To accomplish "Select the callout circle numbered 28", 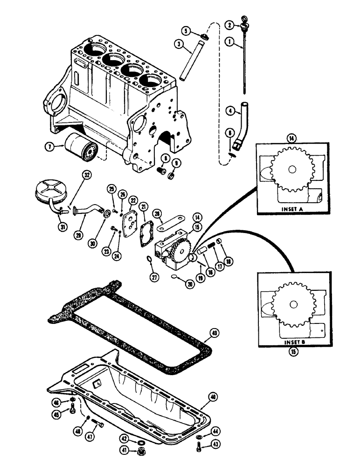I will [158, 213].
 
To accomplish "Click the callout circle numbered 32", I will [86, 176].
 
